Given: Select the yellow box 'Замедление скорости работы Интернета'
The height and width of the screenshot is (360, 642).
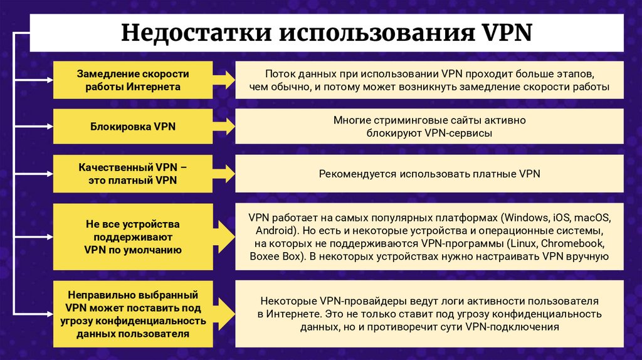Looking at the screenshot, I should coord(133,80).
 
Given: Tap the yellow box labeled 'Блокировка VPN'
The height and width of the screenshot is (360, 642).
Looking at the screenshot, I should coord(133,126).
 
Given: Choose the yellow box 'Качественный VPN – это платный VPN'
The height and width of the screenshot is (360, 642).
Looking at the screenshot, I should coord(133,174).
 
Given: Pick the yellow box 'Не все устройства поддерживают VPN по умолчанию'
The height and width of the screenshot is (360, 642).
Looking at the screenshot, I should coord(133,236).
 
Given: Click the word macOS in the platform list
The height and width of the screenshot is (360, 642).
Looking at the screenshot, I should coord(591,218).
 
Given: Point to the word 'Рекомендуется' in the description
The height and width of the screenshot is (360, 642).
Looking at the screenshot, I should coord(356,174).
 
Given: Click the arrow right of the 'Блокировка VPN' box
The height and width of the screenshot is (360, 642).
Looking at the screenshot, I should coord(223,126).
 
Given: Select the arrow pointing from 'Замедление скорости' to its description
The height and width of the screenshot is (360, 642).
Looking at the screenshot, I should coord(223,80).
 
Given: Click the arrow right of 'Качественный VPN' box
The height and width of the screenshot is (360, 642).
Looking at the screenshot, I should coord(223,174).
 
